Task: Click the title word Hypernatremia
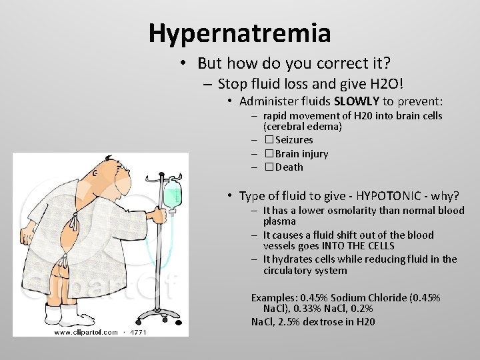(x=239, y=31)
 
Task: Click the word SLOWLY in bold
(x=357, y=101)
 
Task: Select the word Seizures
(x=294, y=140)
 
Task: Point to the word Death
(x=289, y=167)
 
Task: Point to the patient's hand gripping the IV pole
(x=159, y=215)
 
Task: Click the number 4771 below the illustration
(x=139, y=332)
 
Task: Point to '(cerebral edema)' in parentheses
(x=303, y=126)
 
